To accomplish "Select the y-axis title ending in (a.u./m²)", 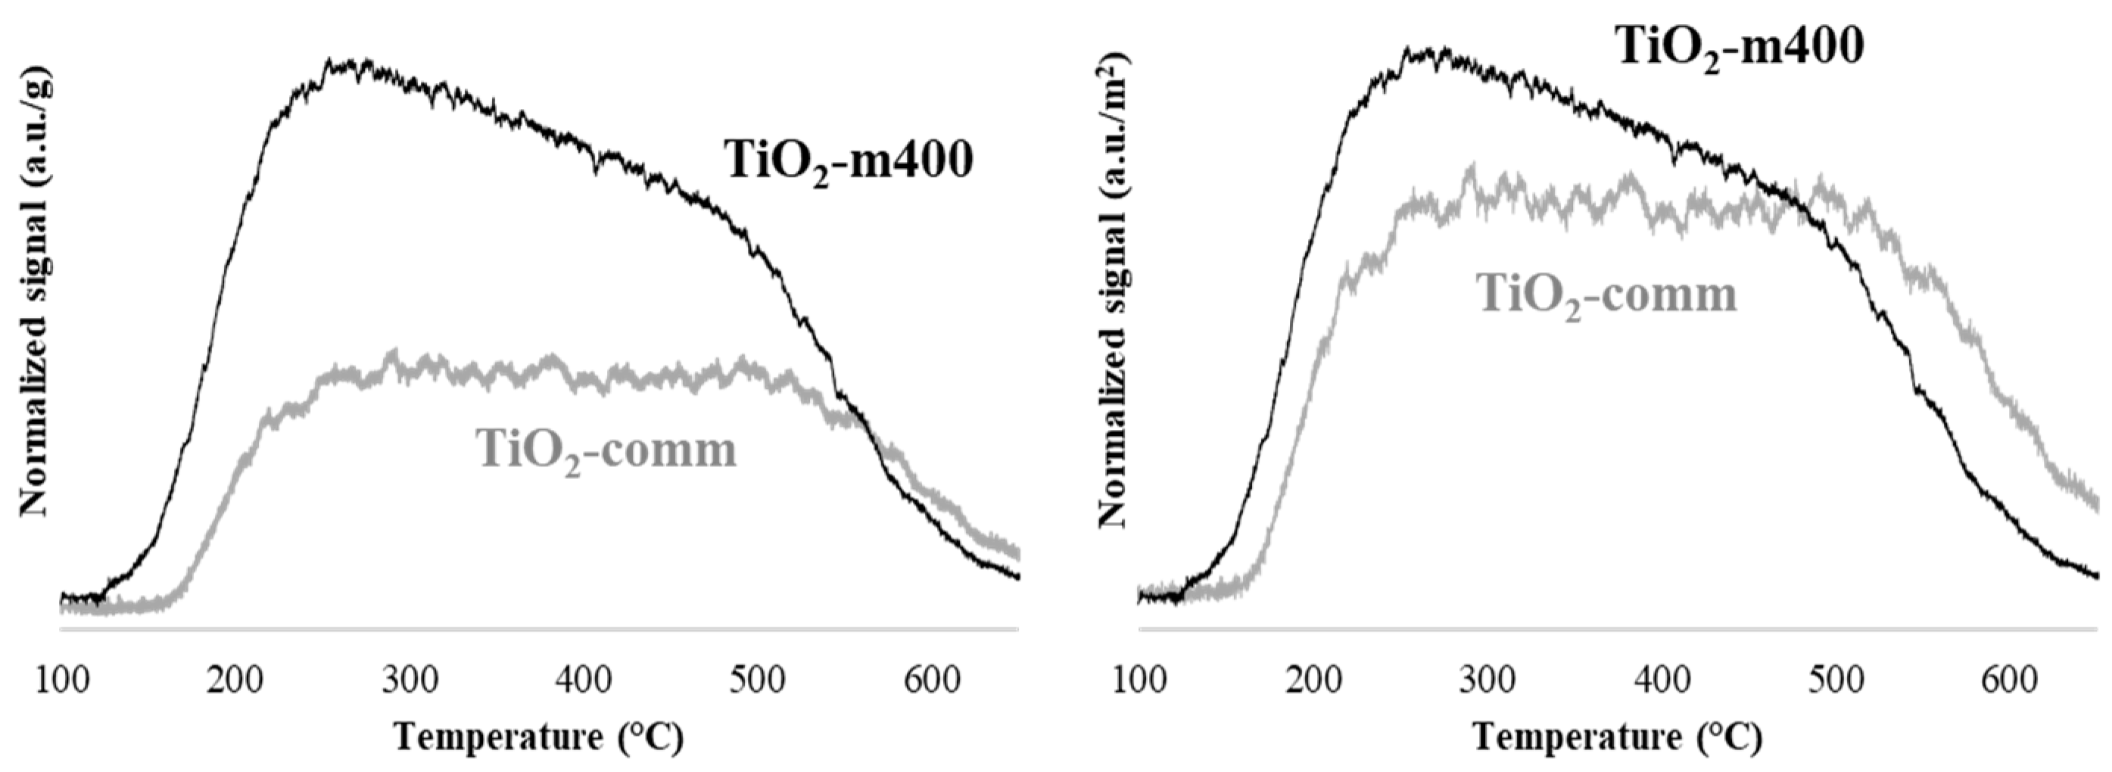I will [x=1113, y=291].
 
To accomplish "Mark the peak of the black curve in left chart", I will [x=329, y=61].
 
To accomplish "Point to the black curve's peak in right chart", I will [x=1408, y=49].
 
